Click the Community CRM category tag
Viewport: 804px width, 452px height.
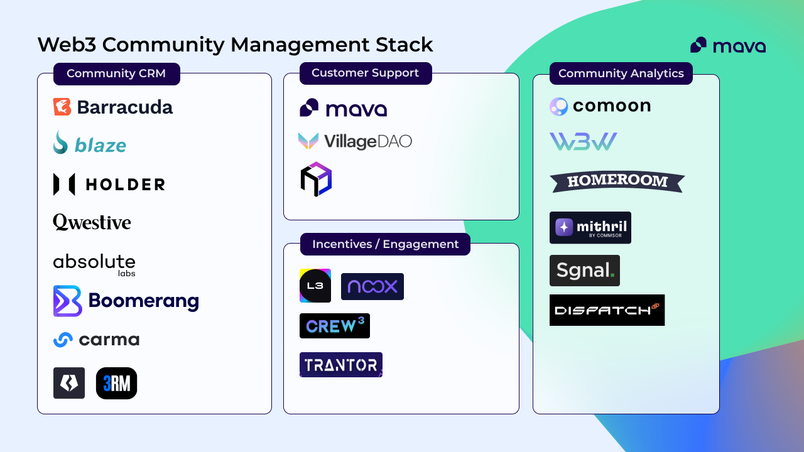116,73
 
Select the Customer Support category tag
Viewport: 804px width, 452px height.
365,73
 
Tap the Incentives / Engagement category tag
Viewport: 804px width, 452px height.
385,244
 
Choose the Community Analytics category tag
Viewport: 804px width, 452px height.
621,73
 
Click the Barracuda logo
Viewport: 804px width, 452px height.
113,107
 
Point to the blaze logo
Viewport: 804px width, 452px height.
90,144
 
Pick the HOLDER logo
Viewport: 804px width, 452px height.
109,184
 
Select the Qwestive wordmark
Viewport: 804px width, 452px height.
92,222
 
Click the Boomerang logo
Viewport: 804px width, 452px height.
126,301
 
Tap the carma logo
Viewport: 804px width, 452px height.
96,340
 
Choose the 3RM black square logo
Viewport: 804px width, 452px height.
116,384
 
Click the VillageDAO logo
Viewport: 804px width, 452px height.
355,141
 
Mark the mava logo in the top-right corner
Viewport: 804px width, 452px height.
727,45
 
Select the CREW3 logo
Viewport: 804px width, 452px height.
335,326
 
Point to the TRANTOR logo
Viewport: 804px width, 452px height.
341,365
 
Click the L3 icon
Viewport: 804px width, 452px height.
315,286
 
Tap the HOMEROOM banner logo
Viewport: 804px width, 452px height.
617,181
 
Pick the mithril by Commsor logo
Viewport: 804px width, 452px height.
590,227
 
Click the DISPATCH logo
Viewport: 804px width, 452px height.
607,310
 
